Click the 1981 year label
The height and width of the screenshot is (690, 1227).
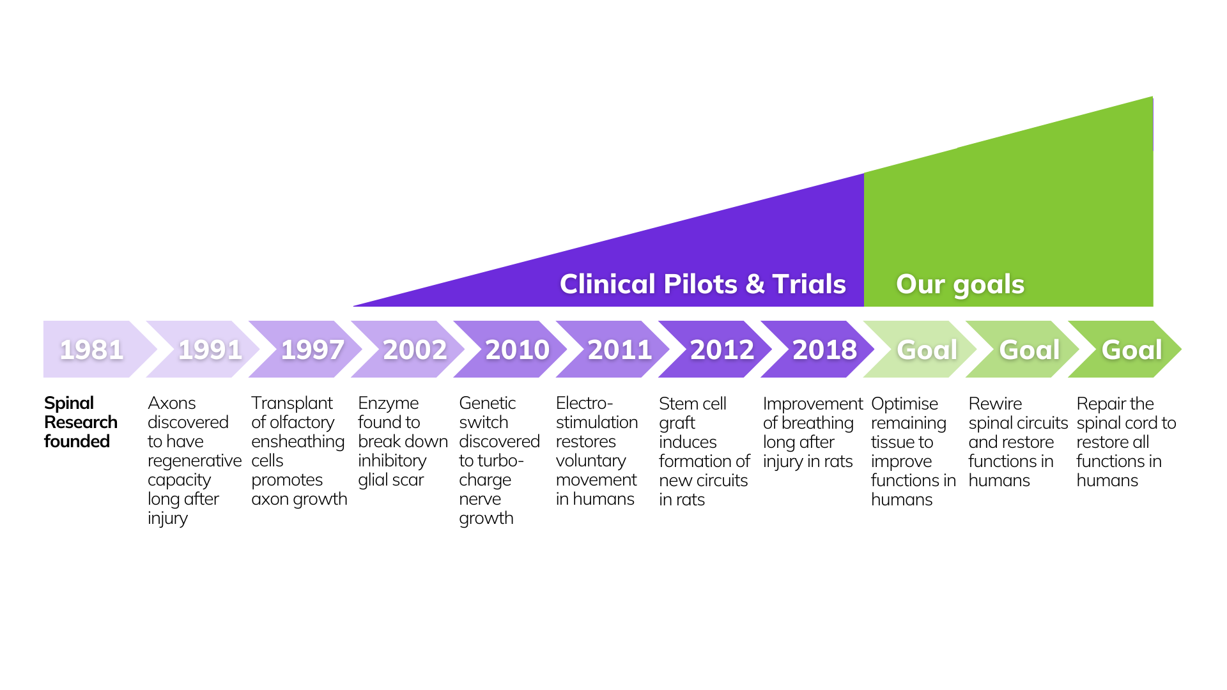pyautogui.click(x=91, y=349)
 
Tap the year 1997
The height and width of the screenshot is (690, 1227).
pyautogui.click(x=313, y=349)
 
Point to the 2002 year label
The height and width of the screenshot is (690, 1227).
pyautogui.click(x=415, y=349)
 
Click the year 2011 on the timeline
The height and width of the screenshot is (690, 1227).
pyautogui.click(x=619, y=349)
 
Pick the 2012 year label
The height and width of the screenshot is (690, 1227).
pyautogui.click(x=722, y=349)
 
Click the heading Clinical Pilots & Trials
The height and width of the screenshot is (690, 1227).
pyautogui.click(x=702, y=284)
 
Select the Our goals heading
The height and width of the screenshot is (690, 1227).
pyautogui.click(x=960, y=284)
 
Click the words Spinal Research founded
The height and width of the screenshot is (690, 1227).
pyautogui.click(x=81, y=422)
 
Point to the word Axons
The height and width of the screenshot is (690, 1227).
pyautogui.click(x=171, y=403)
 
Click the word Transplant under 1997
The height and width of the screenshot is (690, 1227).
pyautogui.click(x=292, y=403)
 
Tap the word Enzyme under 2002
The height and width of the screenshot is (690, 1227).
pyautogui.click(x=388, y=403)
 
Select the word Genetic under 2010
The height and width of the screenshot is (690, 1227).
pyautogui.click(x=487, y=403)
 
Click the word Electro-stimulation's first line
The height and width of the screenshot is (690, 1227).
pyautogui.click(x=584, y=403)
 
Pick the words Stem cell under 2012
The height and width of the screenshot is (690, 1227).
pyautogui.click(x=693, y=404)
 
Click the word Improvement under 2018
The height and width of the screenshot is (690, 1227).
pyautogui.click(x=812, y=404)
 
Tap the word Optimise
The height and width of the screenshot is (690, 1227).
pyautogui.click(x=904, y=404)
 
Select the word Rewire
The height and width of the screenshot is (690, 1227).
pyautogui.click(x=995, y=404)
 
